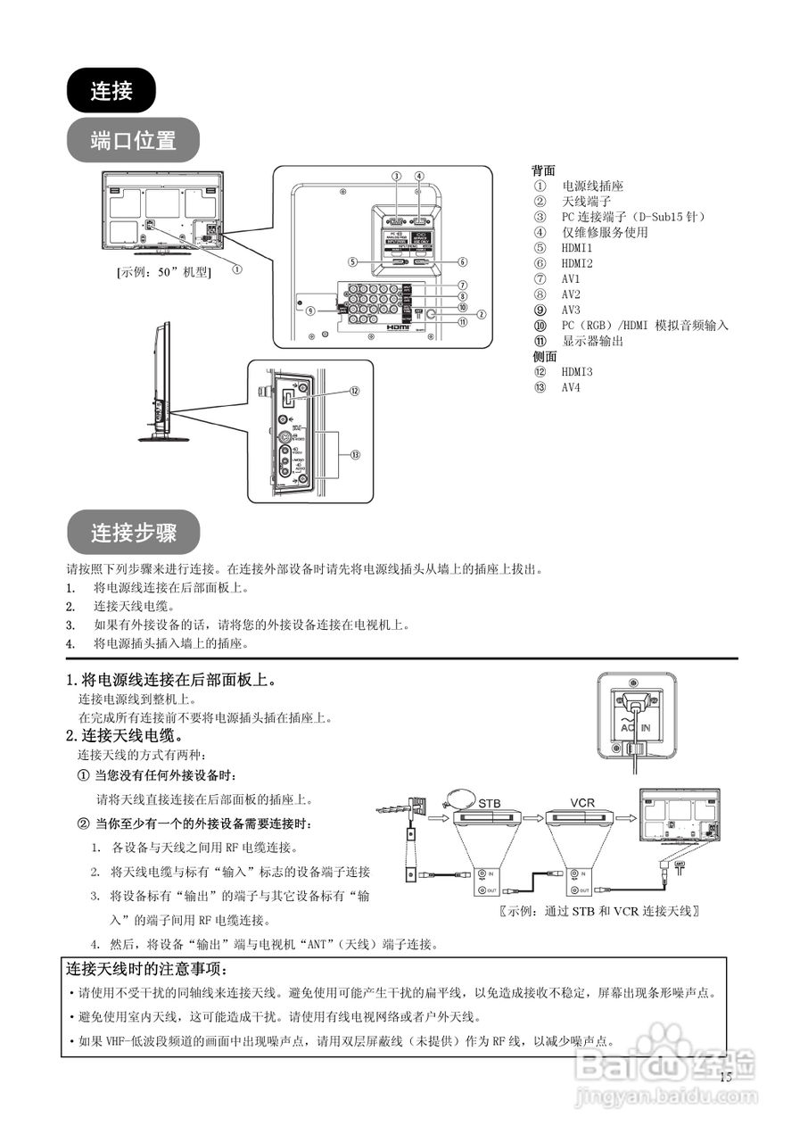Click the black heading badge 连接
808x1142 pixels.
111,90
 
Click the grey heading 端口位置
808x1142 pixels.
133,140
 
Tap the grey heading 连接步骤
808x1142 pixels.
134,533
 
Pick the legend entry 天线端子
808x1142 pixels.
586,202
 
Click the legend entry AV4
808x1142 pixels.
571,387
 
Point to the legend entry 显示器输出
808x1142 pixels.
592,341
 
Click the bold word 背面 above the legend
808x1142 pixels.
543,170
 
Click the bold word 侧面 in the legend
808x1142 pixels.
543,356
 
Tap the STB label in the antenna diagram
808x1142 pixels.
490,803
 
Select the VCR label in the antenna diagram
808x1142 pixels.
581,803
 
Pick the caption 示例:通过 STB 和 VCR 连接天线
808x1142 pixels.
598,911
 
